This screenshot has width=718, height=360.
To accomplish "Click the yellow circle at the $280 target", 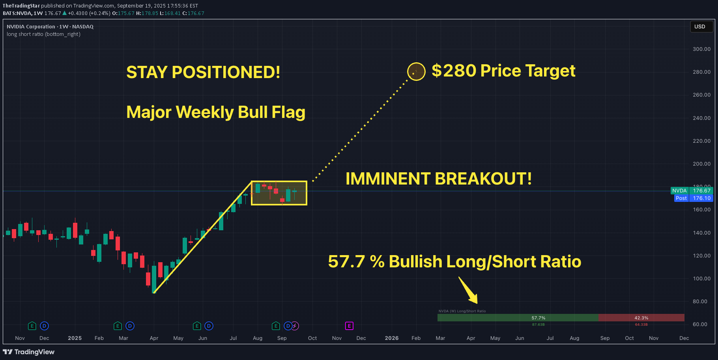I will tap(416, 72).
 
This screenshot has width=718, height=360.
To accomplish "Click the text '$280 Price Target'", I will tap(503, 71).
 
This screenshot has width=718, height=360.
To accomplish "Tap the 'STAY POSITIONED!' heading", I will tap(203, 73).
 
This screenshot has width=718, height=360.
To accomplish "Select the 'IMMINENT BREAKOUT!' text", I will tap(438, 179).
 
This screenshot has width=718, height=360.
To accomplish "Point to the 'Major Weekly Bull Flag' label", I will tap(216, 112).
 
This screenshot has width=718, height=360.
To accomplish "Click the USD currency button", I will tap(700, 27).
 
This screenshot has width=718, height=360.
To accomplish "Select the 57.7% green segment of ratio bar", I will tap(518, 318).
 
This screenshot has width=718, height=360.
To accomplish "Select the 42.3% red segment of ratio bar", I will tap(641, 318).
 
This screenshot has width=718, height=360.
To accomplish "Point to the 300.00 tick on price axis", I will tap(701, 49).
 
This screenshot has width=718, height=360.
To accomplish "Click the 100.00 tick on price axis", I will tap(701, 278).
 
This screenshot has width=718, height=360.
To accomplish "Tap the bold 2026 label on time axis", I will tap(391, 338).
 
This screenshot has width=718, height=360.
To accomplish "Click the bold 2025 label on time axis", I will tap(75, 338).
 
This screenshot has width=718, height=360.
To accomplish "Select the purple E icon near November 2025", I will tap(349, 326).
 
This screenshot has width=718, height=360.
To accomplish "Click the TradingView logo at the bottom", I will tap(29, 352).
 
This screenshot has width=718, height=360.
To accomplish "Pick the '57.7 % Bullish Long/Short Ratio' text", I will tap(454, 262).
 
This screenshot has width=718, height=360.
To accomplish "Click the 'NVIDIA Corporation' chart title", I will tap(31, 27).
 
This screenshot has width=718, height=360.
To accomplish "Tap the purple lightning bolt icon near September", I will tap(295, 326).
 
